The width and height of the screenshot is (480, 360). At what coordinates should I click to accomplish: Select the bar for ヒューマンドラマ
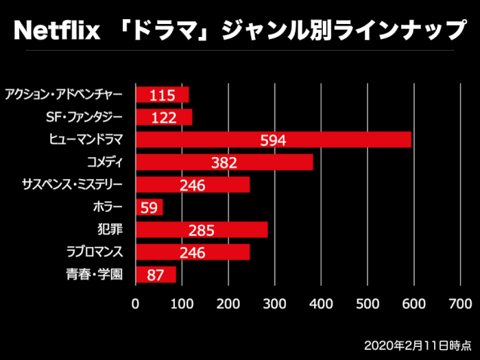(x=273, y=140)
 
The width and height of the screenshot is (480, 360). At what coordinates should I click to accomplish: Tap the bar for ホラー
(x=149, y=207)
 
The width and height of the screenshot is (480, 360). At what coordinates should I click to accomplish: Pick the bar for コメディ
(x=224, y=163)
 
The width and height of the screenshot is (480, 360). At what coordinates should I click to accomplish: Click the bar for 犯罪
(x=202, y=230)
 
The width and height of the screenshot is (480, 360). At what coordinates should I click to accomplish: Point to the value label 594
(x=273, y=141)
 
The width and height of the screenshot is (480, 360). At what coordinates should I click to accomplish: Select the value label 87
(x=155, y=276)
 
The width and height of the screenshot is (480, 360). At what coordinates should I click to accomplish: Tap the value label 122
(x=165, y=118)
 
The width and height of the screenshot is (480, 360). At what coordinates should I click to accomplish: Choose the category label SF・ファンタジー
(x=84, y=117)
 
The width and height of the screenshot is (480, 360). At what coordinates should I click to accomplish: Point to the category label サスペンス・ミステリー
(x=72, y=184)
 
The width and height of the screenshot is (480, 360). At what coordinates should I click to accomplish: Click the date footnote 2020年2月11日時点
(x=418, y=342)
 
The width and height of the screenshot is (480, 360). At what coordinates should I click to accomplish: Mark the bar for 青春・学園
(x=156, y=274)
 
